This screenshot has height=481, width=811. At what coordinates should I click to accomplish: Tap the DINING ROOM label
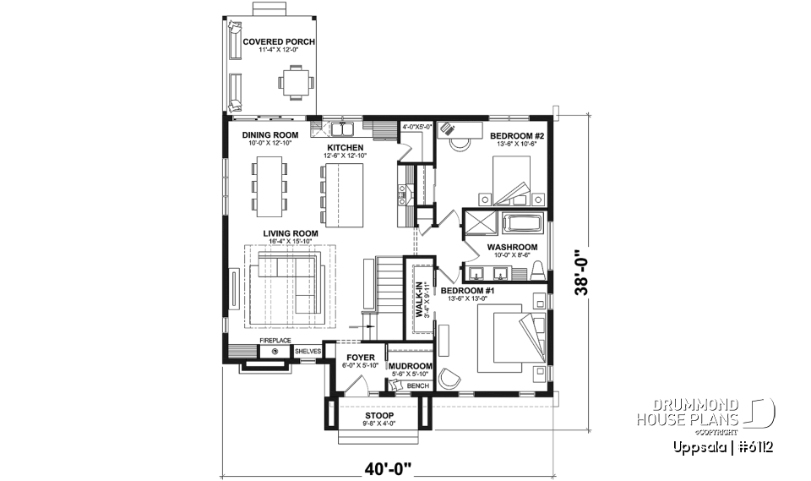(x=270, y=135)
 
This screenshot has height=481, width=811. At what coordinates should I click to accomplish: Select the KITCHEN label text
(x=346, y=147)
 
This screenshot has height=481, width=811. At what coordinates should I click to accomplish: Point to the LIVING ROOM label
(x=290, y=233)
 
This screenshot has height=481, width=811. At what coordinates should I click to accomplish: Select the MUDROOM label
(x=411, y=366)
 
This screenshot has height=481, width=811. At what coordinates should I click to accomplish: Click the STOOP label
(x=378, y=416)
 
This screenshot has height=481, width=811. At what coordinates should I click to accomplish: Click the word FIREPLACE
(x=275, y=340)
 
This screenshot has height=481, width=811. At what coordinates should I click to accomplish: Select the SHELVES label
(x=308, y=350)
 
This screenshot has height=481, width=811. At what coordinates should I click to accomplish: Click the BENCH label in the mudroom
(x=417, y=385)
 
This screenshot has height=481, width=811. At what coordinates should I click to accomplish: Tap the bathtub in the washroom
(x=524, y=224)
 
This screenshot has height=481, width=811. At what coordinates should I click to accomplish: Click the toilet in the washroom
(x=536, y=270)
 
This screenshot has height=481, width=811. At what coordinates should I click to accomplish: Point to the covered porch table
(x=297, y=82)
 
